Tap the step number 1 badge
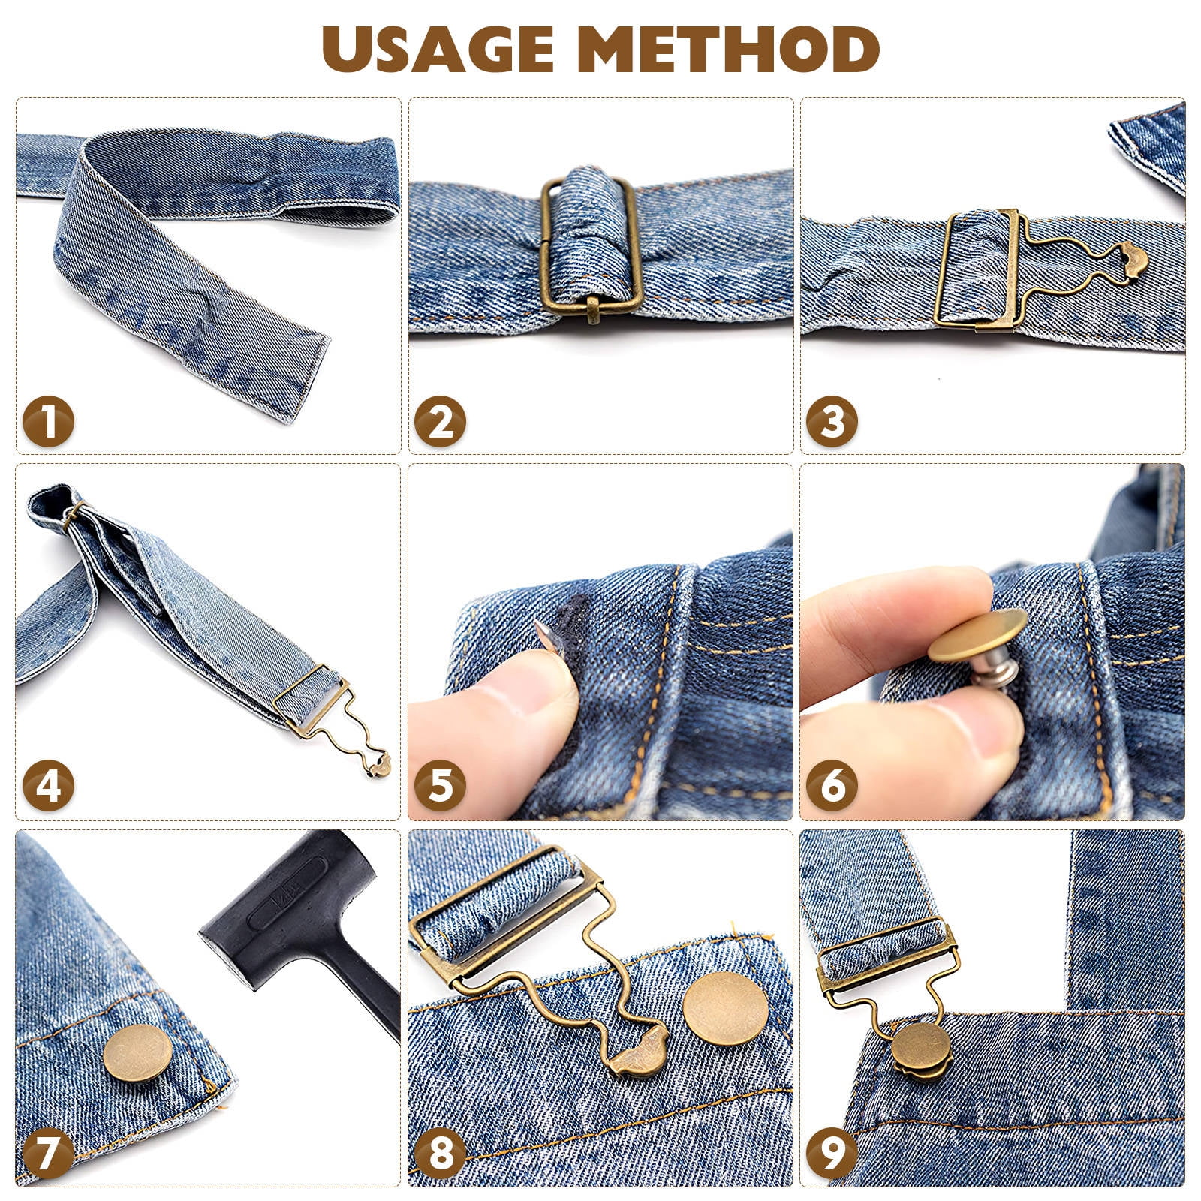(x=48, y=421)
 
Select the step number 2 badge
(x=440, y=421)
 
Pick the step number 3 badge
(x=832, y=421)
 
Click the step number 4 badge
(x=48, y=786)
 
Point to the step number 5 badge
(x=440, y=786)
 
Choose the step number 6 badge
(x=832, y=786)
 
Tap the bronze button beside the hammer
(x=137, y=1053)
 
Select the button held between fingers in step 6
(x=978, y=636)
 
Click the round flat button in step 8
(x=726, y=1008)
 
